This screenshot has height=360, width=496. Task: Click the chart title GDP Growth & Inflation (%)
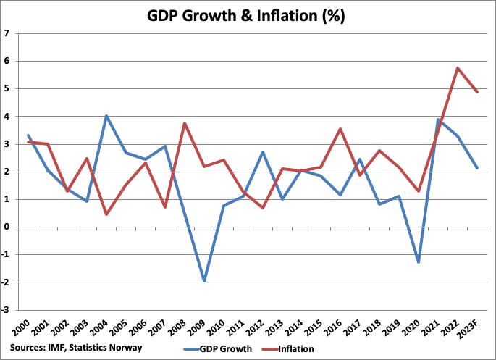pyautogui.click(x=248, y=15)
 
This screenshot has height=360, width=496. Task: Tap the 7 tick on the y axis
pyautogui.click(x=7, y=33)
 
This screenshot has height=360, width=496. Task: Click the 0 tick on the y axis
pyautogui.click(x=7, y=227)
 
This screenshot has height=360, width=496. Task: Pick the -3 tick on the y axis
pyautogui.click(x=6, y=309)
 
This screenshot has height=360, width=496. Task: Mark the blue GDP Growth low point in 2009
pyautogui.click(x=185, y=280)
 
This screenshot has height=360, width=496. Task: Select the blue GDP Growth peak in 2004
pyautogui.click(x=106, y=116)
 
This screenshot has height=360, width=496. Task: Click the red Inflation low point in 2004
pyautogui.click(x=106, y=214)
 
